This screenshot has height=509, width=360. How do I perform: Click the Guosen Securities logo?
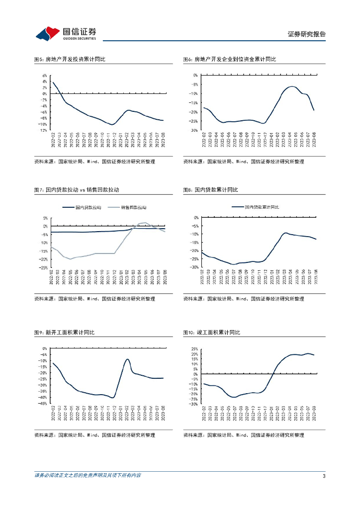coord(66,34)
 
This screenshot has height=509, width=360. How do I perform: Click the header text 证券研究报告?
coord(306,34)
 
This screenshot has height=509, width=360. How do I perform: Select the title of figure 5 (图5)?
coord(70,60)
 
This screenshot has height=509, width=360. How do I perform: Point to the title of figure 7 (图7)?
coord(77,190)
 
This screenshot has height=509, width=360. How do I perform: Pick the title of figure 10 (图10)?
coord(212,333)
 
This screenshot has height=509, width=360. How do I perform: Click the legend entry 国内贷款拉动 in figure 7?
coord(88,207)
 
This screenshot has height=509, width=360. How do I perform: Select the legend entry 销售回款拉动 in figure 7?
coord(133,207)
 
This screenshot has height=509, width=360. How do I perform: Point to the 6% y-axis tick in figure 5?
coord(45,76)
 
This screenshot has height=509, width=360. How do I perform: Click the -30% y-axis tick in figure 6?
coord(194,130)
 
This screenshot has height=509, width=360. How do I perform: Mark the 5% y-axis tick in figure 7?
coord(45,218)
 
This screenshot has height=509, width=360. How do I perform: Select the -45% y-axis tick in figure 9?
coord(44,404)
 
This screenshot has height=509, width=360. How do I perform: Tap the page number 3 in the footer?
coord(324,476)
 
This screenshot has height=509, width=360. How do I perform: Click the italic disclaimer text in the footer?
coord(88,476)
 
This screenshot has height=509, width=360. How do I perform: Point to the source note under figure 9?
coord(94,435)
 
